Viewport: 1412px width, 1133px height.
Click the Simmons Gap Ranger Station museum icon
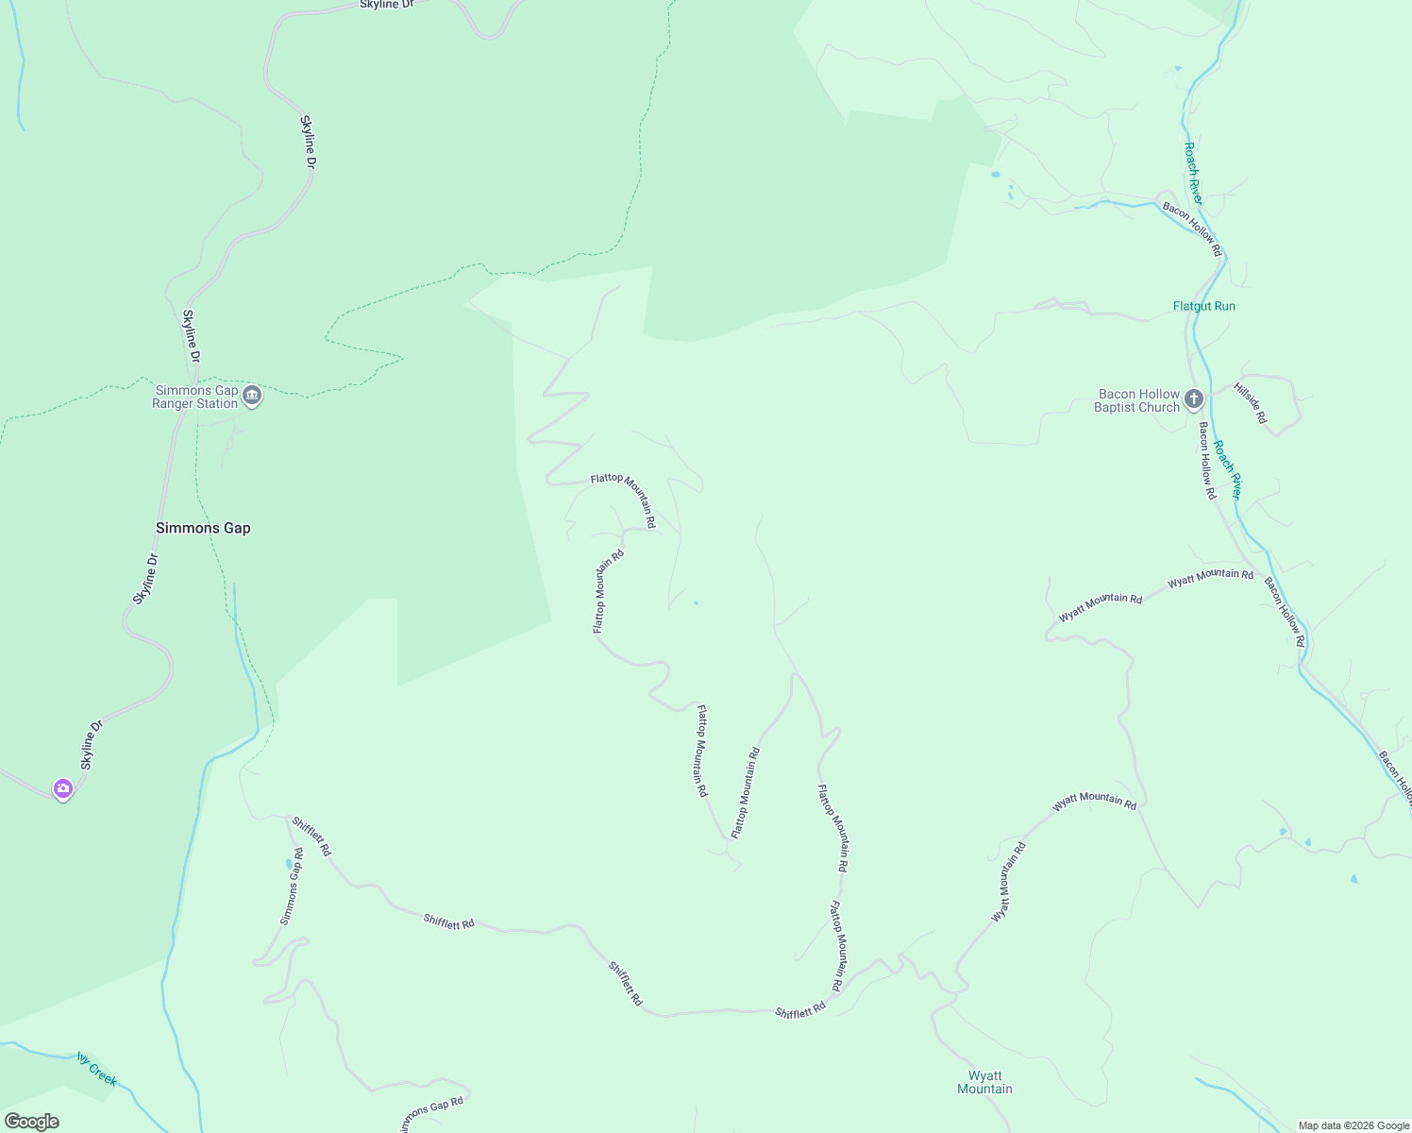(x=252, y=396)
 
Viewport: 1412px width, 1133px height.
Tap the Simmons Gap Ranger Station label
(x=196, y=397)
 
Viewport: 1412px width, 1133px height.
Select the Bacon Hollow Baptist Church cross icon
(x=1194, y=399)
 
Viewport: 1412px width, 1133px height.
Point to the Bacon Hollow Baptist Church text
(x=1137, y=400)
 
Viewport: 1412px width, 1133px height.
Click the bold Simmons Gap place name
(x=203, y=528)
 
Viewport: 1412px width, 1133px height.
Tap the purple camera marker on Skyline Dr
(x=63, y=788)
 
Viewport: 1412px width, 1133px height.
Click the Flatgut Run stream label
(x=1203, y=306)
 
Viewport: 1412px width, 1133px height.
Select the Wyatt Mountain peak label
(x=984, y=1082)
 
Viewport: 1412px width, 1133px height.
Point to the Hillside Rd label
(x=1250, y=403)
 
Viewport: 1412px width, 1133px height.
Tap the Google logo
(x=31, y=1122)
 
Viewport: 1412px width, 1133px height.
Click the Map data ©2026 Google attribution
(x=1353, y=1125)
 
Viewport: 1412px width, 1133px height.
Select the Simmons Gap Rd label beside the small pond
(x=292, y=887)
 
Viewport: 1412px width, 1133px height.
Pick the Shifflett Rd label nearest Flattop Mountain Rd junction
(x=800, y=1011)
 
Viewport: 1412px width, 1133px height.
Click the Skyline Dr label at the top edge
(x=387, y=5)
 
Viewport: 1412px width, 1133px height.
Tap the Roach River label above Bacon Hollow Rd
(x=1194, y=173)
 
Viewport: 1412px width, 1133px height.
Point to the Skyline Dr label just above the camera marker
(x=90, y=746)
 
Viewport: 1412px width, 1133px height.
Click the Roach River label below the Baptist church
(x=1228, y=469)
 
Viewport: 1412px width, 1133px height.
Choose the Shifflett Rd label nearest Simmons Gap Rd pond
(x=311, y=837)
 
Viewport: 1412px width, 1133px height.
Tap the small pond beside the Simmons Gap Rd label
(x=288, y=863)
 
